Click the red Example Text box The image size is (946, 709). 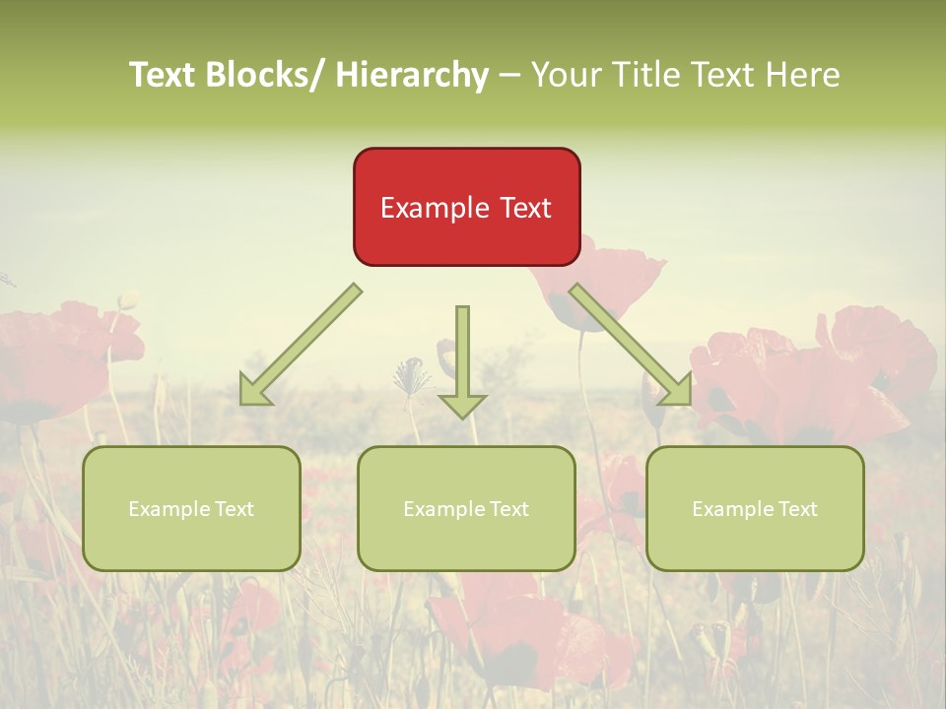(x=466, y=207)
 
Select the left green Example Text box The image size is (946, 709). (x=191, y=508)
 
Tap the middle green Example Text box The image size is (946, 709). (x=466, y=508)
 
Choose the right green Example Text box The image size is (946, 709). (x=755, y=508)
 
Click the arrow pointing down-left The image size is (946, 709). (x=302, y=345)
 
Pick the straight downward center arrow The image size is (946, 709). (x=462, y=360)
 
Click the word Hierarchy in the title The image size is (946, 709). (x=412, y=75)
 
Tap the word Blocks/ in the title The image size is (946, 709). (x=272, y=75)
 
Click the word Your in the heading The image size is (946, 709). (x=566, y=75)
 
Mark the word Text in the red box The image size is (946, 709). (x=523, y=208)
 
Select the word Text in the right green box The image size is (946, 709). (x=796, y=509)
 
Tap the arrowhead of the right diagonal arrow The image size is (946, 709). (x=676, y=390)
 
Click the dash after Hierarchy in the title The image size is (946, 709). (x=509, y=76)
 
